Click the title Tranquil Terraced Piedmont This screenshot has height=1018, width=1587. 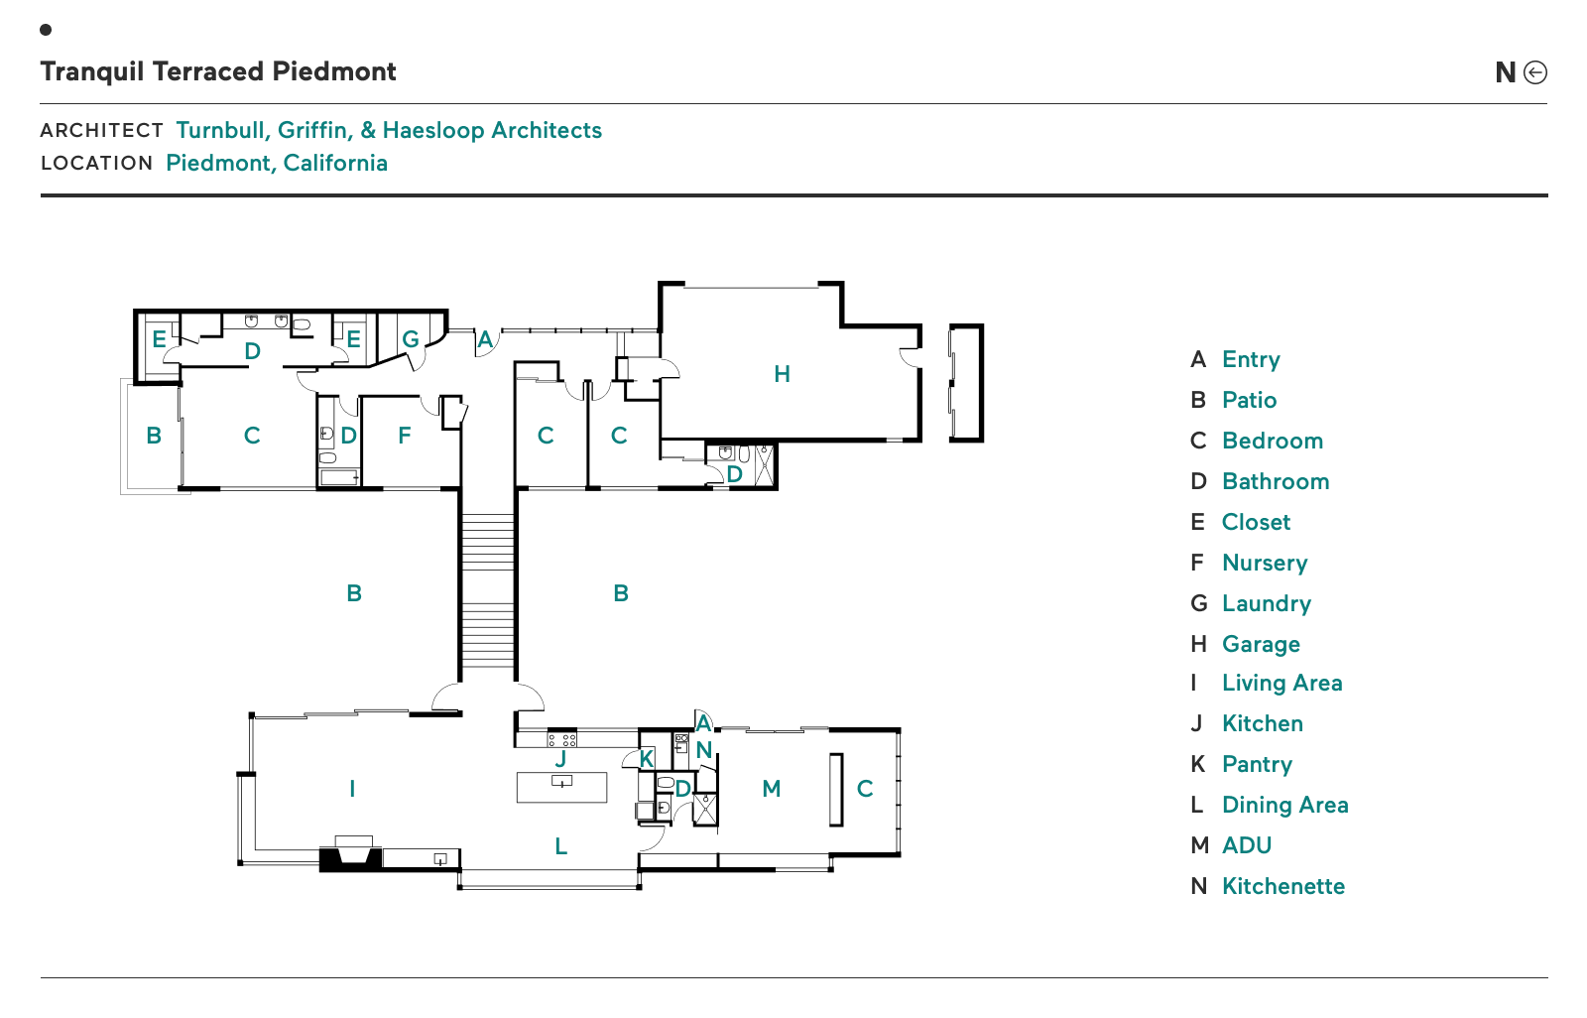click(x=218, y=71)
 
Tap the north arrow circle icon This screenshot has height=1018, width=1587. click(x=1534, y=72)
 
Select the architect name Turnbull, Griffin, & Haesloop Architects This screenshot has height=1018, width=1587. click(x=389, y=130)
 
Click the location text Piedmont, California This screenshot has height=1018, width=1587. click(x=277, y=163)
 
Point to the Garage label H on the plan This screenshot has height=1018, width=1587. click(x=782, y=374)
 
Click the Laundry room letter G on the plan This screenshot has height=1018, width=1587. click(x=411, y=338)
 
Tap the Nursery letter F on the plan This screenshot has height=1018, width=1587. click(x=404, y=435)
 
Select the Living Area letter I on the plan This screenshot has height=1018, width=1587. click(x=352, y=789)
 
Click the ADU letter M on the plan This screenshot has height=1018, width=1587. click(x=772, y=789)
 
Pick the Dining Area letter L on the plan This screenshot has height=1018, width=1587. click(x=560, y=846)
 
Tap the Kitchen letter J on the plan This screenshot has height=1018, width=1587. click(x=560, y=759)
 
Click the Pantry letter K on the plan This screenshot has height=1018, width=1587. click(x=647, y=759)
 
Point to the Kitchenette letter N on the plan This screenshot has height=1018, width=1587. click(x=704, y=750)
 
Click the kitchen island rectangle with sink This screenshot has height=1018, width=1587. click(x=561, y=788)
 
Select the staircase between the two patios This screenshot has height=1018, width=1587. click(x=487, y=595)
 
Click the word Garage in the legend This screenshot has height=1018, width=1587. click(x=1261, y=644)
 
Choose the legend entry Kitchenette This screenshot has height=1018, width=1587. click(x=1282, y=886)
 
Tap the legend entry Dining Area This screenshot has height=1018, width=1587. click(x=1284, y=805)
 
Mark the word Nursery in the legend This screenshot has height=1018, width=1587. click(x=1265, y=563)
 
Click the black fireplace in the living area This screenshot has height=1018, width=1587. click(x=351, y=856)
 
